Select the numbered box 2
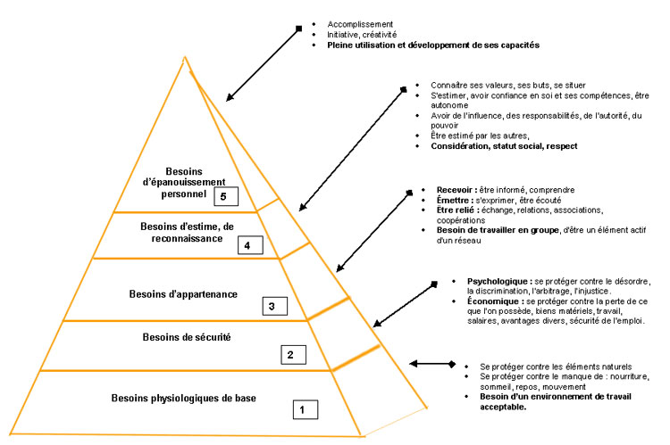[x=289, y=355]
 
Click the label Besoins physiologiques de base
[x=184, y=398]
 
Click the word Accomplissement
[x=356, y=23]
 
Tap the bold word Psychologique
[x=494, y=281]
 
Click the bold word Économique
[x=490, y=301]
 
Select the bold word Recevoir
[x=448, y=189]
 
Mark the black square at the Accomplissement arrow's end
[x=299, y=29]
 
